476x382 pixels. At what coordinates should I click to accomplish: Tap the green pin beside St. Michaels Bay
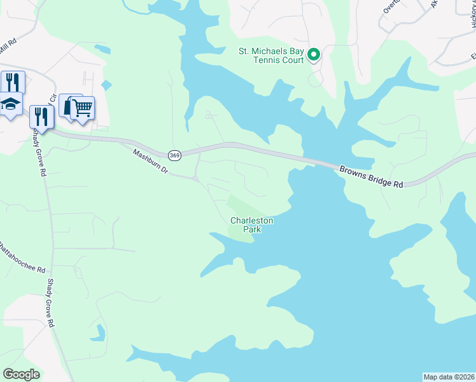tap(314, 55)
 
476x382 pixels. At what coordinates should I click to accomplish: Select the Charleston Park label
tap(252, 225)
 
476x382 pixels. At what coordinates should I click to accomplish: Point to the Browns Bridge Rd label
tap(372, 177)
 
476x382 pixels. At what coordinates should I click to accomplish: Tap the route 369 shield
tap(174, 155)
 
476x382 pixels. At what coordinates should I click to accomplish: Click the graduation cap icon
tap(11, 104)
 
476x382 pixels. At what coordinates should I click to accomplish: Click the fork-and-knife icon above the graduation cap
tap(12, 81)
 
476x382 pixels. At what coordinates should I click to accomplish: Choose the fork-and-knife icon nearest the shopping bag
tap(40, 117)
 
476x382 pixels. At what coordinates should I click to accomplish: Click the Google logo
tap(21, 374)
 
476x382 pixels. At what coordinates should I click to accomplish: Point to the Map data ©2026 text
tap(449, 376)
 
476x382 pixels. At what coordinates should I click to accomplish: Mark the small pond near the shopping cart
tap(106, 85)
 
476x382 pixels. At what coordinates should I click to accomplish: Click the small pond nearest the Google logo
tap(99, 332)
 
